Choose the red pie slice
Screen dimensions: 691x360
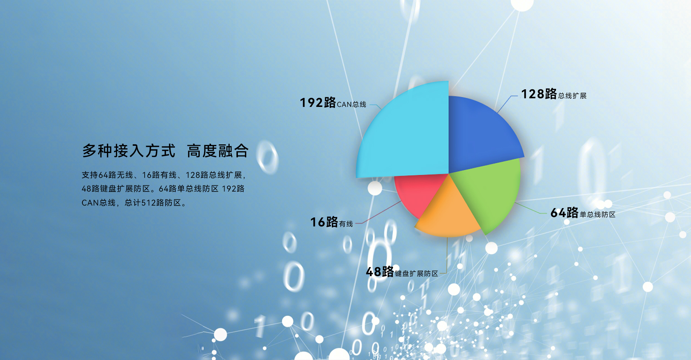[417, 193]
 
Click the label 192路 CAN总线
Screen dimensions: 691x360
[333, 103]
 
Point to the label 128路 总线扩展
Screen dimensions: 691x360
[554, 94]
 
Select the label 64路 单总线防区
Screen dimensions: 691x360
[583, 213]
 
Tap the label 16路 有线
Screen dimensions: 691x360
[331, 222]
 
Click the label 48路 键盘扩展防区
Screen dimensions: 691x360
[402, 272]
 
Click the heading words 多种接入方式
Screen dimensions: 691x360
[129, 151]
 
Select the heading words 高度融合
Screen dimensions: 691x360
[218, 151]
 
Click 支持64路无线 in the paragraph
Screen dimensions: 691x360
[107, 175]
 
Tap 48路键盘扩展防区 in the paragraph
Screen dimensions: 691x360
[116, 189]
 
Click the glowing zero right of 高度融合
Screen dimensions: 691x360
[267, 157]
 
